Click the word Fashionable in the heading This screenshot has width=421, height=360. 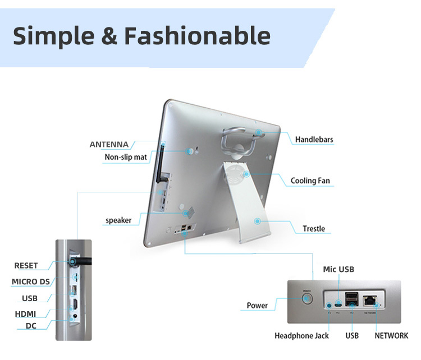(x=198, y=36)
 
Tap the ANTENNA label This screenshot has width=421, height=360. (x=109, y=145)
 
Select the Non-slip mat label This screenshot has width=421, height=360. (x=126, y=157)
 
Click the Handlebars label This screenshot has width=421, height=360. (x=314, y=140)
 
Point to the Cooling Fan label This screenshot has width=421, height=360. (x=310, y=181)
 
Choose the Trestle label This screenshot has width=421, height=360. (x=314, y=229)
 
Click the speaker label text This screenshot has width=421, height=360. (x=118, y=220)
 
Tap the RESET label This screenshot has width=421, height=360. (x=26, y=266)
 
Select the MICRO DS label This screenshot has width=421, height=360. (x=31, y=281)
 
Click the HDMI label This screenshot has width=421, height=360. (x=25, y=314)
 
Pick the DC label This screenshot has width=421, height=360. (x=31, y=326)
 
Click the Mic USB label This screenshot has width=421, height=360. (x=338, y=269)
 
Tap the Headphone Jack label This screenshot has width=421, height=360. (x=301, y=336)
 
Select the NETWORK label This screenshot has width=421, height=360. (x=391, y=335)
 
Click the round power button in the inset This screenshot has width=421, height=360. (x=307, y=298)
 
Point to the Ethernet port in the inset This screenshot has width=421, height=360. (x=370, y=301)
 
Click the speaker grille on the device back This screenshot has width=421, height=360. (x=190, y=213)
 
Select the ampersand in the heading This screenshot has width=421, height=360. (x=109, y=36)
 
